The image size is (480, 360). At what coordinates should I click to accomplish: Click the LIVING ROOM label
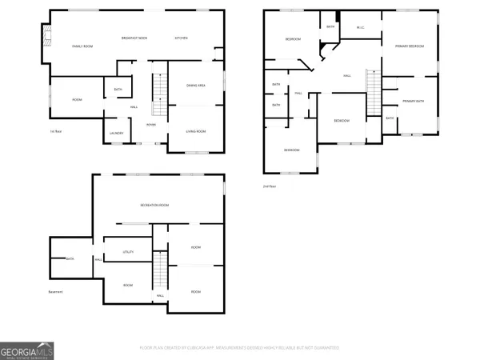[196, 130]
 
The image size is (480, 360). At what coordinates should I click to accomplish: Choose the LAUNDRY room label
[115, 133]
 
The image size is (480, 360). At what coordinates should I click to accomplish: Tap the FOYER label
[150, 125]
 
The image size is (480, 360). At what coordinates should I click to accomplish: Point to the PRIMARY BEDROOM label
[409, 46]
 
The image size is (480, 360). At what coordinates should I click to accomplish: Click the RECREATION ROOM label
[158, 206]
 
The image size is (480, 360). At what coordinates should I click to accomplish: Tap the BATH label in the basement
[70, 258]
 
